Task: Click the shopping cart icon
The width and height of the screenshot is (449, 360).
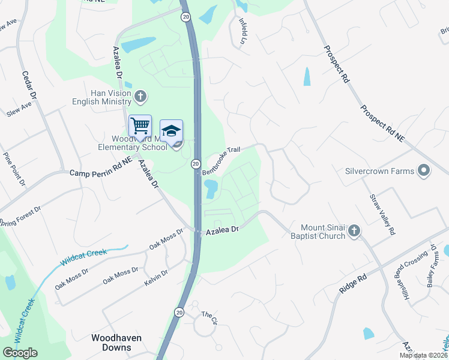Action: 140,126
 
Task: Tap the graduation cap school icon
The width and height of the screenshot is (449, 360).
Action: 171,131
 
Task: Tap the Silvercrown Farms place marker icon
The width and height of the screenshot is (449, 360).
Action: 424,171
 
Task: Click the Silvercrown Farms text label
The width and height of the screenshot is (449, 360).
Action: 379,171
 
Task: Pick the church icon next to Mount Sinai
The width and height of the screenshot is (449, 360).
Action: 354,230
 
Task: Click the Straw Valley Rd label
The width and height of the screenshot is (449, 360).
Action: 382,214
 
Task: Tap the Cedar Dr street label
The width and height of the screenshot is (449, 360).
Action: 29,86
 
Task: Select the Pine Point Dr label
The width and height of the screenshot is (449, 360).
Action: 15,169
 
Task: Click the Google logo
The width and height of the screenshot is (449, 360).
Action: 20,352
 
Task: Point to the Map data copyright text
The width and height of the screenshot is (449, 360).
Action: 424,355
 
